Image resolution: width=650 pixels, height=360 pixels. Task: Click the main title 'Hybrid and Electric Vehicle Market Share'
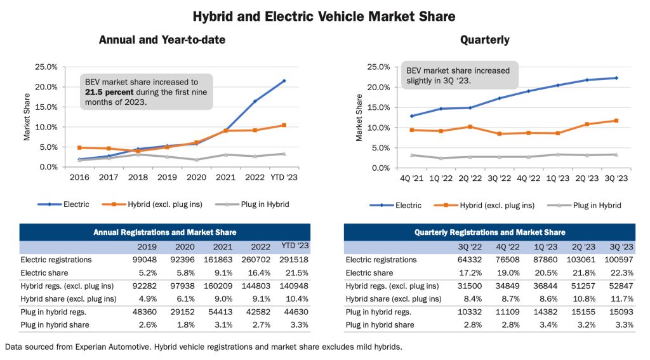click(x=324, y=16)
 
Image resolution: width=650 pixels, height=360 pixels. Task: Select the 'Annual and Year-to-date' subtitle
click(x=162, y=40)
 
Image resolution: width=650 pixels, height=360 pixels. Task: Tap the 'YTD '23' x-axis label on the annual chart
click(x=284, y=177)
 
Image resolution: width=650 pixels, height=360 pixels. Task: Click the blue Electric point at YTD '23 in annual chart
click(x=284, y=81)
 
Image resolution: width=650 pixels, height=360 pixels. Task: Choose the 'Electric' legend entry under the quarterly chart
click(x=408, y=205)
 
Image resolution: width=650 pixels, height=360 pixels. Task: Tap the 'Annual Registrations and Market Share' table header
click(x=164, y=232)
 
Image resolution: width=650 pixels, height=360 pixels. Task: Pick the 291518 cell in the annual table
click(x=295, y=260)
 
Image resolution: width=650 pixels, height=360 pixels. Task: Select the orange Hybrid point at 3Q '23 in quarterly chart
click(x=616, y=121)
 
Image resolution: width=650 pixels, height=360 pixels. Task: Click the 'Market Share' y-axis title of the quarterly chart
click(x=360, y=117)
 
